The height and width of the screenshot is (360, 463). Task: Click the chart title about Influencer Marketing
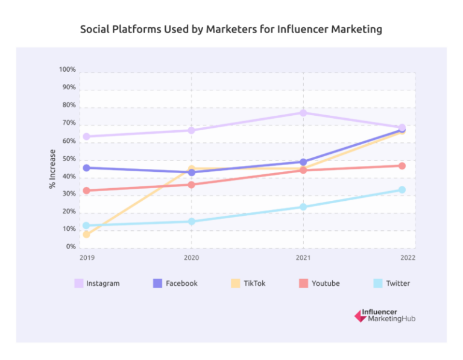point(231,30)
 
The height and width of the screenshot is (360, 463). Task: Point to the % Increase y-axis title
point(52,169)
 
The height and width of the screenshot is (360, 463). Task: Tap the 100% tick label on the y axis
point(68,70)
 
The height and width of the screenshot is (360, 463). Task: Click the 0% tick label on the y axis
point(70,247)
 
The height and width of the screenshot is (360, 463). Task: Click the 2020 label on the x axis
point(192,258)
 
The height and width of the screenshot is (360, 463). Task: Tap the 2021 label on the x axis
point(303,258)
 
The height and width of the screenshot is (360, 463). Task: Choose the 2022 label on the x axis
point(407,258)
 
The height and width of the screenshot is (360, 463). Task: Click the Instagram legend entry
point(97,283)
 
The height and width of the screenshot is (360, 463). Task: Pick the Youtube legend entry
point(320,283)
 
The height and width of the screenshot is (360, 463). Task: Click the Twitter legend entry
point(392,283)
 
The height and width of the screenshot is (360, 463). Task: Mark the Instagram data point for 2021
point(303,113)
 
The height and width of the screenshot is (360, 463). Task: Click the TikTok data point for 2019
point(86,235)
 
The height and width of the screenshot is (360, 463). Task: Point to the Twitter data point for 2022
point(402,190)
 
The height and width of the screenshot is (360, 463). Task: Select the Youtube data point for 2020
point(192,185)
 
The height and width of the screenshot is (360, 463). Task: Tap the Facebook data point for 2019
point(86,168)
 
